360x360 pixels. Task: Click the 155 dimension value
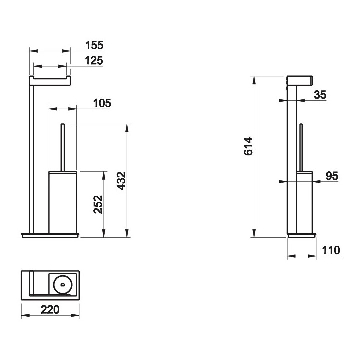coord(94,45)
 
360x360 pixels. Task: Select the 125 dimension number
coord(94,61)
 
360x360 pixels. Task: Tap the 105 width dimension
coord(102,103)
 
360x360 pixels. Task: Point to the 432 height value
coord(121,181)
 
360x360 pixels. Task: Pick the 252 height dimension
coord(98,205)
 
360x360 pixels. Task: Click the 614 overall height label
coord(248,146)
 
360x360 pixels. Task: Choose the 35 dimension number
coord(320,95)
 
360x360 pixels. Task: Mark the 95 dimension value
coord(332,176)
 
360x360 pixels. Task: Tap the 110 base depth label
coord(331,250)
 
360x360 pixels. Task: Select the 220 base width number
coord(50,310)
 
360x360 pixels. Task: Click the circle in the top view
coord(62,285)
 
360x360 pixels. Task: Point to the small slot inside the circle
coord(62,285)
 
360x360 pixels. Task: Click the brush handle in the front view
coord(62,147)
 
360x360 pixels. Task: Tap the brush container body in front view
coord(63,202)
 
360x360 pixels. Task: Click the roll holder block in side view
coord(300,81)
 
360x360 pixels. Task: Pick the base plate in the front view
coord(50,236)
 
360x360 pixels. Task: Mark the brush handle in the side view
coord(301,147)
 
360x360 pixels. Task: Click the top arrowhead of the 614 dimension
coord(254,80)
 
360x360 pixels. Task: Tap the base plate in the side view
coord(302,236)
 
